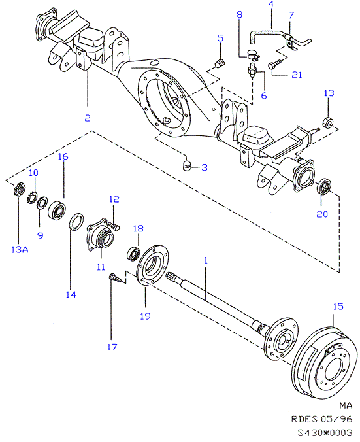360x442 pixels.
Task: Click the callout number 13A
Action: point(20,249)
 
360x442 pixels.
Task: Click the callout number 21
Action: point(297,75)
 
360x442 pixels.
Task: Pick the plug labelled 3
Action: point(186,165)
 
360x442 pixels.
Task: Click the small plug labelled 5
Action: point(220,63)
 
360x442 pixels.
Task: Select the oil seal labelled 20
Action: point(324,186)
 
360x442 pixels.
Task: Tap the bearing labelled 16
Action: point(57,209)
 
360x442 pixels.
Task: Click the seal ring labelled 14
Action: point(76,222)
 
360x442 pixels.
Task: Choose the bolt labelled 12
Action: point(114,226)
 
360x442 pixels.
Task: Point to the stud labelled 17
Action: point(114,278)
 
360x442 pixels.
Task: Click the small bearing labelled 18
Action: point(133,253)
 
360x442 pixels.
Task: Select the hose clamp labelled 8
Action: point(254,55)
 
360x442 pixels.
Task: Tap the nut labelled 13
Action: point(327,122)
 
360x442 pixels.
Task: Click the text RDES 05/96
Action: point(321,419)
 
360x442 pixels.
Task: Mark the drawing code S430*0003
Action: point(325,432)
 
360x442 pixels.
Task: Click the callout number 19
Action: point(145,316)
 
